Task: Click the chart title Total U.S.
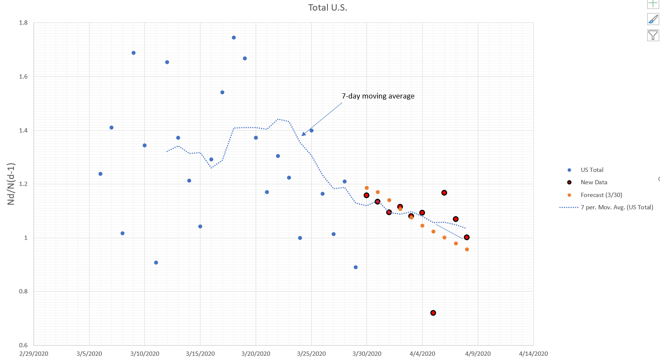click(327, 8)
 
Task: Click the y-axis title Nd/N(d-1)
click(11, 184)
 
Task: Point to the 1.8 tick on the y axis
click(23, 23)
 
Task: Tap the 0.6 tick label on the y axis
click(23, 345)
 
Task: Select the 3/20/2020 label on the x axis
click(256, 354)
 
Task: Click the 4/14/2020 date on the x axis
click(533, 354)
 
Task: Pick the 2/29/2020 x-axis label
click(34, 354)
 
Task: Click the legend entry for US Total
click(592, 170)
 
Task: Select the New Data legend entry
click(594, 182)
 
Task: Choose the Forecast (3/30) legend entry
click(601, 195)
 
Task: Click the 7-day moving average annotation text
click(378, 96)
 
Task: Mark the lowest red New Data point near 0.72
click(433, 313)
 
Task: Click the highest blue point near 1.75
click(234, 37)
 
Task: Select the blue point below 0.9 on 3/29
click(355, 267)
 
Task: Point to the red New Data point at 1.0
click(467, 237)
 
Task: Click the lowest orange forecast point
click(467, 249)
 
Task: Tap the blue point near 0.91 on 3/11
click(156, 262)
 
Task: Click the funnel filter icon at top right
click(653, 35)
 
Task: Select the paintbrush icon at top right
click(653, 19)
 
